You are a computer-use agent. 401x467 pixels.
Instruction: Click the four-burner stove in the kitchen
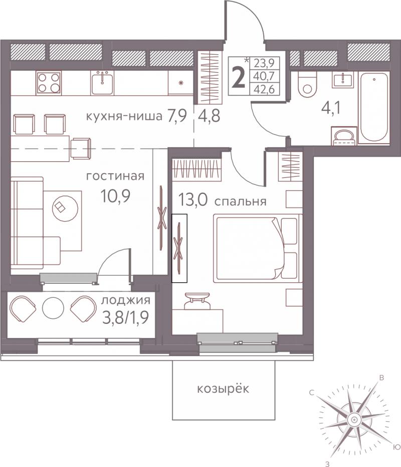coord(49,83)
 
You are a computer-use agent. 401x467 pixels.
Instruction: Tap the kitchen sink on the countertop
coord(102,83)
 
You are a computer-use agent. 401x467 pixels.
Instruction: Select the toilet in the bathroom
coord(307,84)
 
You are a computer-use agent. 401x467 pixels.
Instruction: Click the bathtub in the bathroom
coord(373,107)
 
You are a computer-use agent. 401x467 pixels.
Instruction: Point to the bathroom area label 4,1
coord(331,108)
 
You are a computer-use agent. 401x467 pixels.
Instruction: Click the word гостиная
coord(115,176)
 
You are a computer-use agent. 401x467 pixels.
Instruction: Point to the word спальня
coord(240,202)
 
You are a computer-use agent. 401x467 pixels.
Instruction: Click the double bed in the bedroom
coord(258,248)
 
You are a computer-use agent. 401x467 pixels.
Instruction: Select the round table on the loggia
coord(53,308)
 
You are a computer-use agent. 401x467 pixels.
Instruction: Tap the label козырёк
coord(223,389)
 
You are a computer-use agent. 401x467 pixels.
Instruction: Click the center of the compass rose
coord(354,420)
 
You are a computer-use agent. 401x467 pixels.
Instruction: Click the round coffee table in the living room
coord(65,208)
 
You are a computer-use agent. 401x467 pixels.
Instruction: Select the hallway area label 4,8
coord(209,115)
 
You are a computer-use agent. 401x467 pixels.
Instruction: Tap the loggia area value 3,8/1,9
coord(125,318)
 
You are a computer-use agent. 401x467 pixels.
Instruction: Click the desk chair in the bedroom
coord(197,301)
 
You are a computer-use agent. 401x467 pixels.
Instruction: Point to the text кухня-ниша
coord(124,116)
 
